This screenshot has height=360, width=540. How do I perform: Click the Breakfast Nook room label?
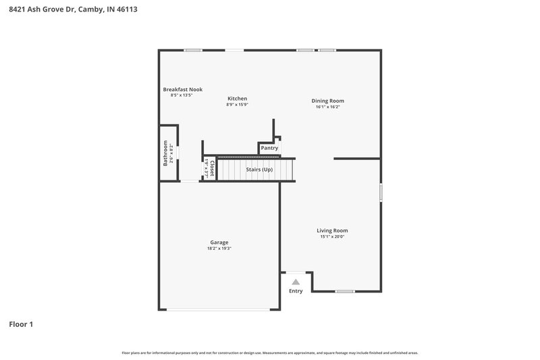tap(182, 89)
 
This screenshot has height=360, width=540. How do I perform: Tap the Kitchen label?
tap(237, 99)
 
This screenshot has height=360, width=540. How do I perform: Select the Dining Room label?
tap(327, 101)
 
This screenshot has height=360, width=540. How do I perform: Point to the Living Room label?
tap(332, 230)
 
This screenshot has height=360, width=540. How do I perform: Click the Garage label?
tap(219, 242)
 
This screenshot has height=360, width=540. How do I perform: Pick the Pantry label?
tap(269, 148)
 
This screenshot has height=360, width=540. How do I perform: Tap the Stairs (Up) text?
tap(259, 169)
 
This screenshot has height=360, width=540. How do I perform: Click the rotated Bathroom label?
tap(165, 153)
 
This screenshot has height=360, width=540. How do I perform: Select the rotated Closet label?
tap(212, 169)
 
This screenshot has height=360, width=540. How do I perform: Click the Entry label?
tap(296, 291)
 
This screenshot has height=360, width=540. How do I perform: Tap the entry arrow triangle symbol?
tap(296, 282)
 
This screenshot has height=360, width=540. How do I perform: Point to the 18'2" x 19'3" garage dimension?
tap(219, 249)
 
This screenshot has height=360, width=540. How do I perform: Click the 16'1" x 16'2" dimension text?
tap(327, 107)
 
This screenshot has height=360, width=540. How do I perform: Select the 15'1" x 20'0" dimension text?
tap(332, 236)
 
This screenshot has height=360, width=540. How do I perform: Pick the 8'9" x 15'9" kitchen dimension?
tap(237, 105)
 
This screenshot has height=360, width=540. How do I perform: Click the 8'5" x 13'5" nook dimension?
tap(182, 95)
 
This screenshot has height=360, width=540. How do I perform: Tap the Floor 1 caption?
tap(21, 324)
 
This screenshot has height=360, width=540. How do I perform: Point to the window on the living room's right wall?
tap(381, 192)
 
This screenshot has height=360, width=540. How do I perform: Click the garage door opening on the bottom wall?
tap(219, 310)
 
